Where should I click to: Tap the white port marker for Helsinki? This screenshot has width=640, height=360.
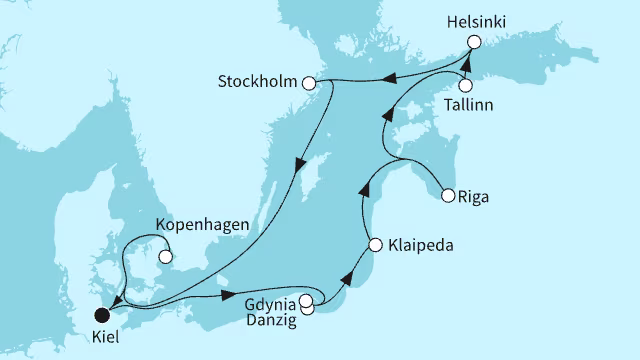point(474,42)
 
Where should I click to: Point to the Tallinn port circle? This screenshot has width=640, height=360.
point(466,85)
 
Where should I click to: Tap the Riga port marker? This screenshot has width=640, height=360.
point(448,195)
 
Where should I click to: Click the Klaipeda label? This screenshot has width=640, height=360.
point(418,244)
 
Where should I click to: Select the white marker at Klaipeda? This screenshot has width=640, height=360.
point(375,244)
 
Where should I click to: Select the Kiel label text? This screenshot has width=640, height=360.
point(104,338)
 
